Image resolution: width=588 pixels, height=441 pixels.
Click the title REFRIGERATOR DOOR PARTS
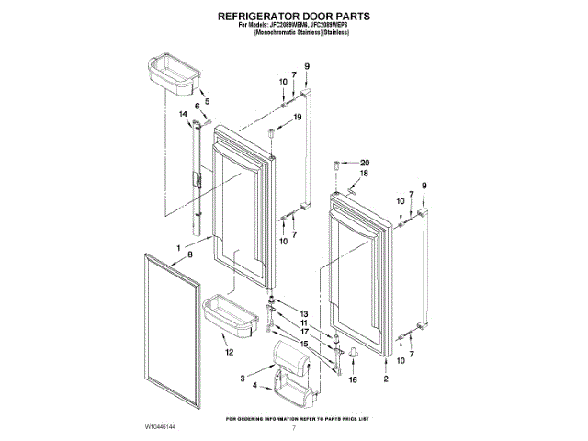click(294, 17)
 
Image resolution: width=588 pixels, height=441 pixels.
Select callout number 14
click(183, 114)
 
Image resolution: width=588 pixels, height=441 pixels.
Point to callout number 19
click(297, 118)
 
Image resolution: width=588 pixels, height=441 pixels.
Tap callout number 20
click(364, 163)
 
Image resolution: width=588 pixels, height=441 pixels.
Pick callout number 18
click(363, 174)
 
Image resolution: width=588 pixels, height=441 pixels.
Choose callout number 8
click(191, 254)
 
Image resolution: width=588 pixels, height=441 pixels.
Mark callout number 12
click(228, 352)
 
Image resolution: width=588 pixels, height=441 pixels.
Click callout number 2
click(386, 379)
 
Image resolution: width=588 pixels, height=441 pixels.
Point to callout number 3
click(243, 377)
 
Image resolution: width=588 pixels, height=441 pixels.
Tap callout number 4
click(253, 389)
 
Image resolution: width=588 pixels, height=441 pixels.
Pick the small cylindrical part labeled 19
click(272, 135)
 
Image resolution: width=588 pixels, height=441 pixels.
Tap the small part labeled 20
click(338, 166)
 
